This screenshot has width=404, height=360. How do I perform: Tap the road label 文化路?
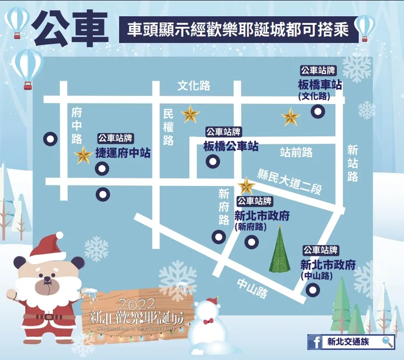point(194,86)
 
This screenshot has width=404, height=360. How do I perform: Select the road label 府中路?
point(76,126)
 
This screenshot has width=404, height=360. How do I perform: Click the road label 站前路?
point(296,153)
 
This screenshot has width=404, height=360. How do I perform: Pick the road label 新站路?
point(352,163)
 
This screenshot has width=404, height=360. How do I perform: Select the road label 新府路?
point(224,207)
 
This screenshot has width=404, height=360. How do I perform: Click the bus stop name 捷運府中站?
point(122,153)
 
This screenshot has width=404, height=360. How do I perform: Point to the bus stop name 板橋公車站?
point(231,146)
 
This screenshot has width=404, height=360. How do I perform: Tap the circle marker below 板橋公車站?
point(214,161)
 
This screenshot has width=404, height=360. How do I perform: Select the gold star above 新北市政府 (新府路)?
point(246,185)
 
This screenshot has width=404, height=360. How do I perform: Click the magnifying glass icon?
point(387,341)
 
